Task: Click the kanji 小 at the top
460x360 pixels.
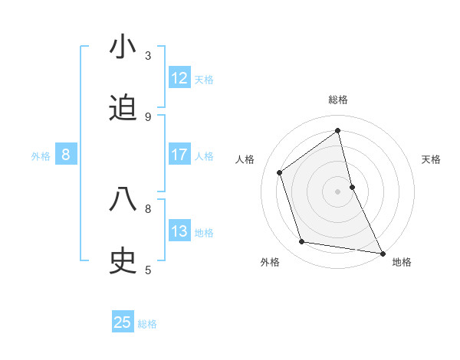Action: [x=123, y=47]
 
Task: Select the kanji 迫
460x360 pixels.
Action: [x=123, y=109]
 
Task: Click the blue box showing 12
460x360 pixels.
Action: [x=179, y=78]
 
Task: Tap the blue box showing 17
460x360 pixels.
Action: [x=179, y=155]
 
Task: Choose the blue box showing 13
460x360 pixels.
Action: [x=179, y=231]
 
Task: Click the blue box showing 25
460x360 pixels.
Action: [x=123, y=322]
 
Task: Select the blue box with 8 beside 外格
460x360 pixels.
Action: [x=66, y=155]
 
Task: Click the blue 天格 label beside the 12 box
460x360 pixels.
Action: [x=204, y=79]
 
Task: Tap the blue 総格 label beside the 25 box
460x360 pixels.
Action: [x=147, y=323]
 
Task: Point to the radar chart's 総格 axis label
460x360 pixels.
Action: [x=338, y=100]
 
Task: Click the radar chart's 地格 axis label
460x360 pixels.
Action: [x=402, y=262]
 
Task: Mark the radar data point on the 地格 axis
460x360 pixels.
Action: [x=382, y=252]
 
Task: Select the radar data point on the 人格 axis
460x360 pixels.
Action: [x=280, y=172]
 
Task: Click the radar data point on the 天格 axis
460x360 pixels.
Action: [x=352, y=187]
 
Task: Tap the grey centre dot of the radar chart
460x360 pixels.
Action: [x=338, y=191]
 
